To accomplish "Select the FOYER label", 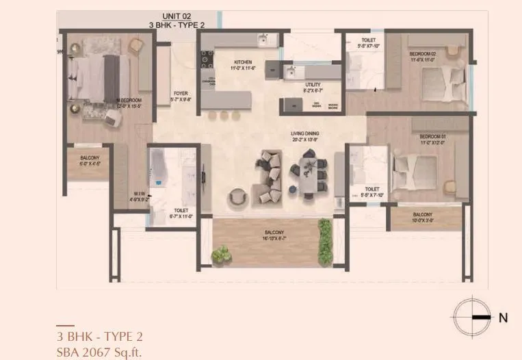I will (181, 94).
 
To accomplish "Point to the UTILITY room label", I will (313, 85).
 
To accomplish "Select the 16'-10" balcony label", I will (274, 232).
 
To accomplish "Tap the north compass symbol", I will (472, 318).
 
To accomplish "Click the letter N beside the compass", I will (504, 318).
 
